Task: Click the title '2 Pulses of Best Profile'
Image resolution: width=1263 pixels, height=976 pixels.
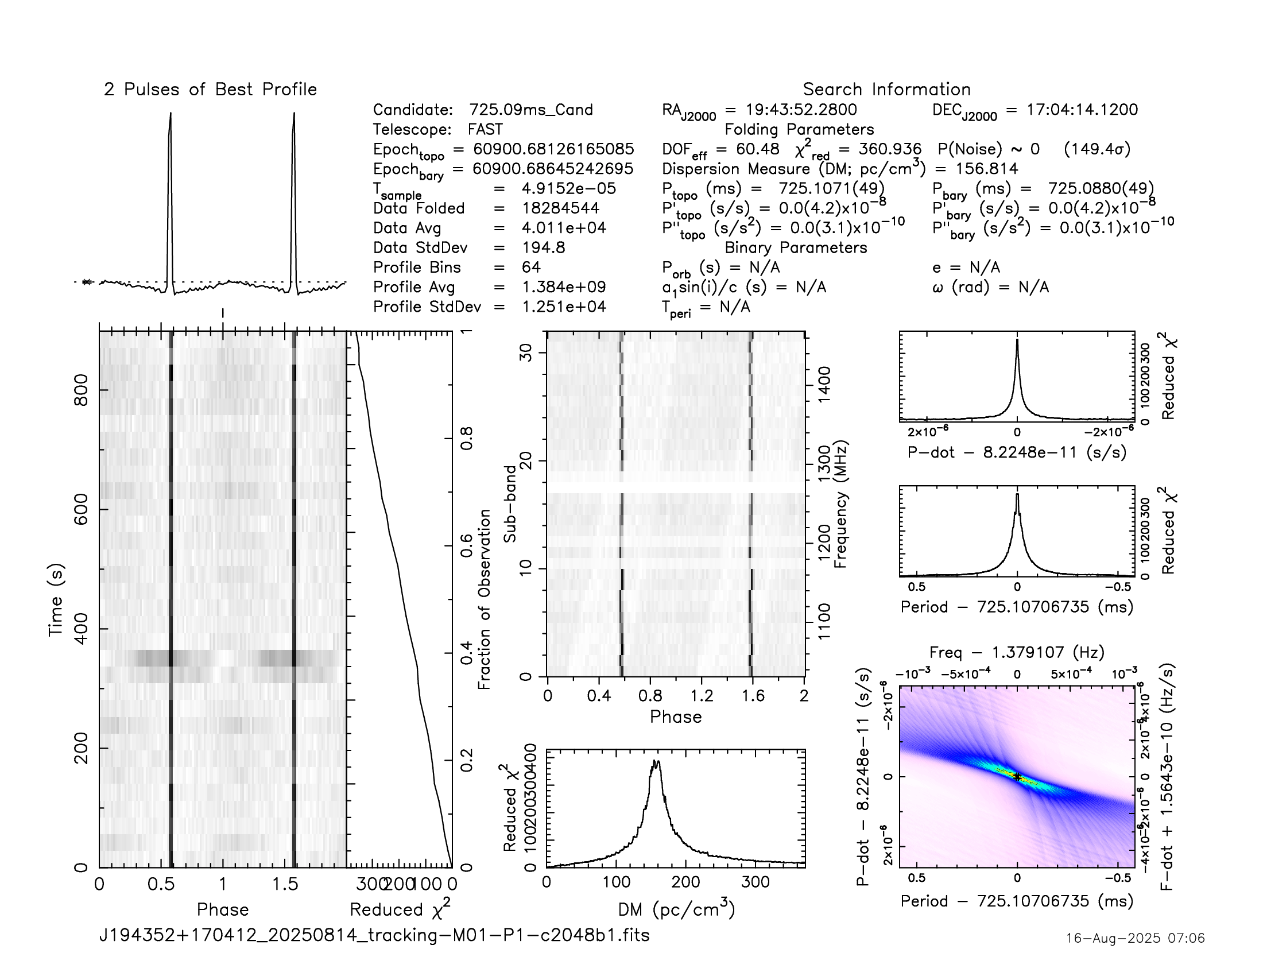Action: click(210, 90)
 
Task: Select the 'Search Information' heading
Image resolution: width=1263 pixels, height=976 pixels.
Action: click(886, 90)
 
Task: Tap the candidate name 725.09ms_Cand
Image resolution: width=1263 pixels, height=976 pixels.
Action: click(530, 110)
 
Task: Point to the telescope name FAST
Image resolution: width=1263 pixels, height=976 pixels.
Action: click(485, 130)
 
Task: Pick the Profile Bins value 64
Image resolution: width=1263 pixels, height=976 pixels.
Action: click(531, 267)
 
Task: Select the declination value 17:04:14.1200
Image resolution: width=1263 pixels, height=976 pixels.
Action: click(1082, 110)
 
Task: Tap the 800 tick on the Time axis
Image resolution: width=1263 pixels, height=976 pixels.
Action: click(82, 390)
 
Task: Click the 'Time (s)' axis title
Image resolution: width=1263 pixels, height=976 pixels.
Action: click(56, 599)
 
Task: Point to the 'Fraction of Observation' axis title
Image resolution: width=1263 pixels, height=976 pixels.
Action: click(484, 599)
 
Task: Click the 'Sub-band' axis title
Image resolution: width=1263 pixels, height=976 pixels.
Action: click(509, 504)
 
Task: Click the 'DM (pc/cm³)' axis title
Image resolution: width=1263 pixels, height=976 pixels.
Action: click(676, 910)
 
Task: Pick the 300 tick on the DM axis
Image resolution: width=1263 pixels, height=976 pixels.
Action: click(756, 882)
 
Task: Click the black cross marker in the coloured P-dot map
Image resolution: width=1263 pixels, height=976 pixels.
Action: click(1017, 777)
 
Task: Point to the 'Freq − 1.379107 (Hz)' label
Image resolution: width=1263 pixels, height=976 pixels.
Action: click(1017, 652)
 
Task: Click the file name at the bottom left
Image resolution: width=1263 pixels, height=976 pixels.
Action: click(374, 935)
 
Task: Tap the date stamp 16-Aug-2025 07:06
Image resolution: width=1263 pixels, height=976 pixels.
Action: click(1135, 938)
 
